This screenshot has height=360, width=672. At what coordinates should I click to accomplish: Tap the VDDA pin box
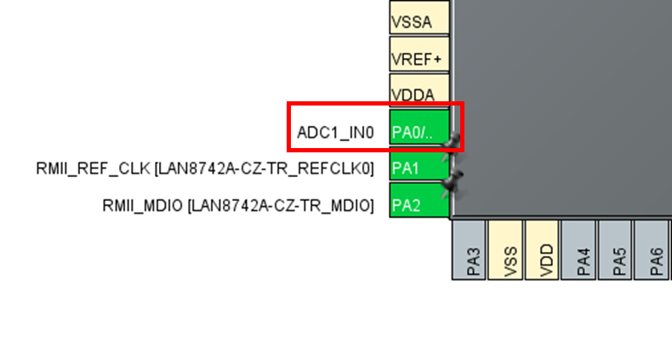[x=419, y=93]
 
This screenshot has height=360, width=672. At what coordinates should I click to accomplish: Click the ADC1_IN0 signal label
[x=335, y=133]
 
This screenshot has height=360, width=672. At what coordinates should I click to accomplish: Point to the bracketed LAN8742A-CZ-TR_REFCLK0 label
[x=265, y=169]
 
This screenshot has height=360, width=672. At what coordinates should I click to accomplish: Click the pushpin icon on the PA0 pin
[x=453, y=140]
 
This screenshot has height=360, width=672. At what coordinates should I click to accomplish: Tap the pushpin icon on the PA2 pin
[x=453, y=180]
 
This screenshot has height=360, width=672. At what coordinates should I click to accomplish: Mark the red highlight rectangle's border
[x=289, y=128]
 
